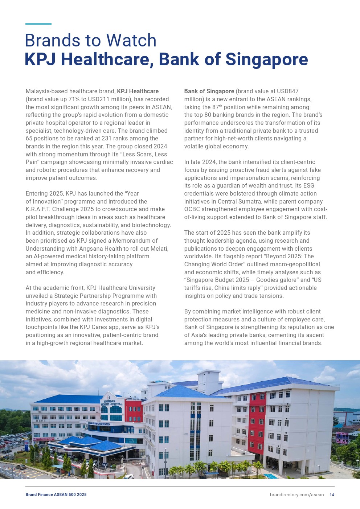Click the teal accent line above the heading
point(38,24)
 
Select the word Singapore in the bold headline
point(267,59)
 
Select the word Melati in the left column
point(159,249)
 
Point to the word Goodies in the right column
point(267,280)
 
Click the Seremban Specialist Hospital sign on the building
point(112,403)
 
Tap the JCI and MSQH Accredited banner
point(99,424)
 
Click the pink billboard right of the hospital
point(342,438)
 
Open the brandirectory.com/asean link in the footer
point(296,494)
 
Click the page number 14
point(332,494)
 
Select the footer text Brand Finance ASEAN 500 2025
point(56,494)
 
